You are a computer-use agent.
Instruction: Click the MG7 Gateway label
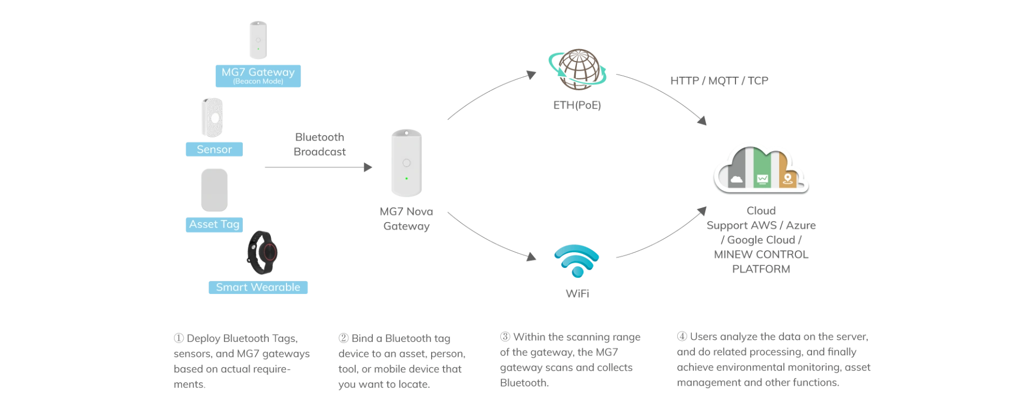tap(258, 72)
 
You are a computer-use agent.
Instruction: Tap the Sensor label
tap(214, 149)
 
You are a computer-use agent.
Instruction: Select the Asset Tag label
tap(214, 224)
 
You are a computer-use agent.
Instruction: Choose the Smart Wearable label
tap(258, 287)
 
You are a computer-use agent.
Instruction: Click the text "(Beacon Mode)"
tap(258, 82)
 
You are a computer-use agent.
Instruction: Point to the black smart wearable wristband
tap(262, 253)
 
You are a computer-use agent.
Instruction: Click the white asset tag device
tap(214, 189)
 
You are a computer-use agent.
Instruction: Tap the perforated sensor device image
tap(212, 117)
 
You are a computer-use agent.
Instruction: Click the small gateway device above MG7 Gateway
tap(257, 39)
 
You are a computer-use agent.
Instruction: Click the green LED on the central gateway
tap(406, 178)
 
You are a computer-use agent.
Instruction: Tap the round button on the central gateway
tap(406, 163)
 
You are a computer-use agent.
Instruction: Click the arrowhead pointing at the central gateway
tap(370, 166)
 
